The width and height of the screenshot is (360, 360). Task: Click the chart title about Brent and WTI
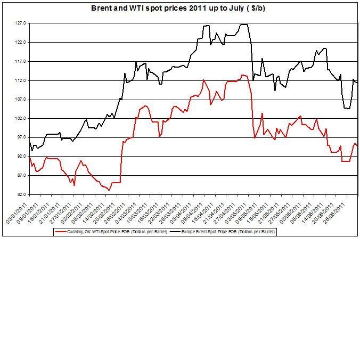(181, 9)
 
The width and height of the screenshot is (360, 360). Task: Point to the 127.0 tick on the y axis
(21, 23)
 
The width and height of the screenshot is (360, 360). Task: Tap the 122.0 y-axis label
(21, 43)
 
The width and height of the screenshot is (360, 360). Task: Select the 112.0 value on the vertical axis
(21, 80)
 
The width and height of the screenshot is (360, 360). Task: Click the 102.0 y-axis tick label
(21, 118)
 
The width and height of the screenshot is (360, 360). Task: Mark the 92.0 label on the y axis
(22, 157)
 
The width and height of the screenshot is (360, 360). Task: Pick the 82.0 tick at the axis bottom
(22, 194)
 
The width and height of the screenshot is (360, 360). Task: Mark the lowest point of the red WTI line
(109, 190)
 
